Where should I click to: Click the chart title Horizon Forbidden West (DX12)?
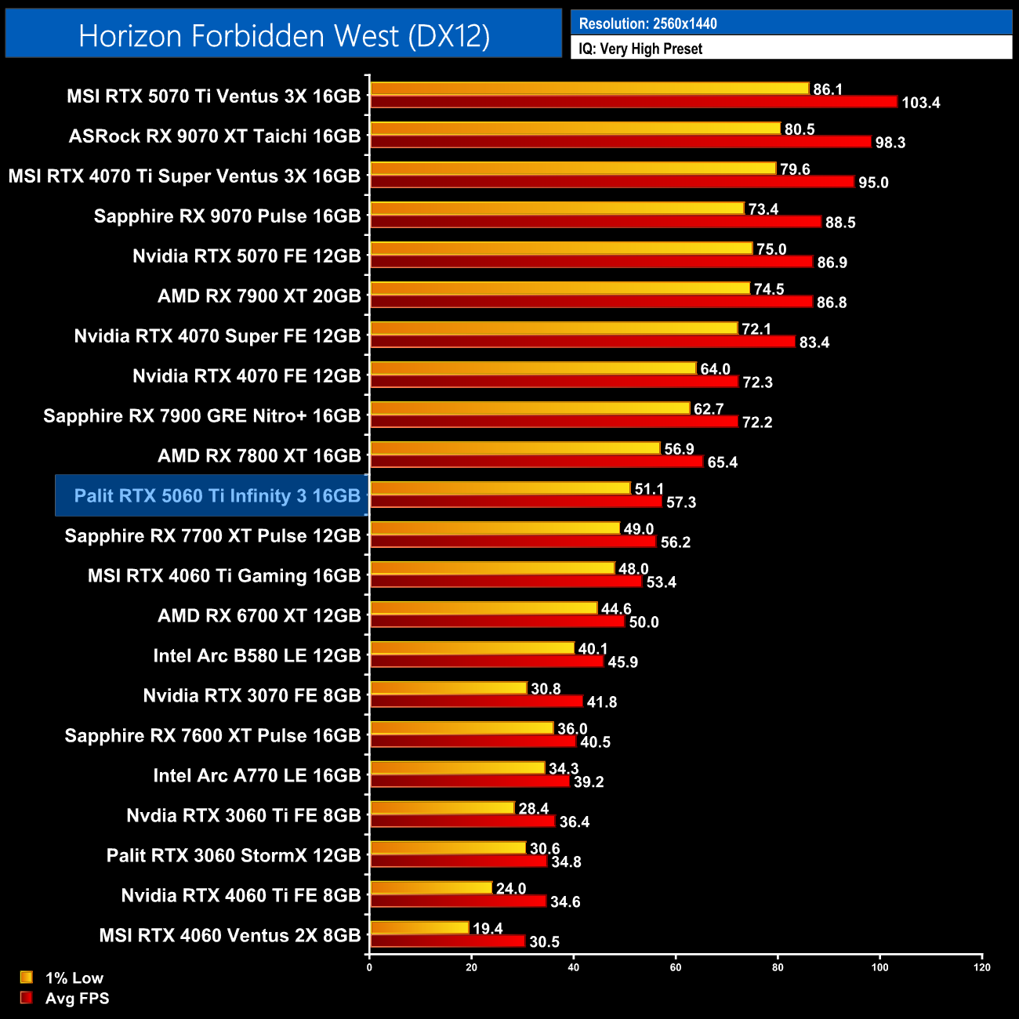point(284,36)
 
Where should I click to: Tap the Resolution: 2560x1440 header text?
point(647,24)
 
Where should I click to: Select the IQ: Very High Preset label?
point(640,49)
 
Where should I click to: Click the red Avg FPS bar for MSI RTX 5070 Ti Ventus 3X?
point(633,102)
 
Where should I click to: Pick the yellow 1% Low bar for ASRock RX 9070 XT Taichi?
point(575,129)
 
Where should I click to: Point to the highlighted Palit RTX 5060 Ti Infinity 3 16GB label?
point(217,495)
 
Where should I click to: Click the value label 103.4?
point(920,103)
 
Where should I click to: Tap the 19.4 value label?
point(488,929)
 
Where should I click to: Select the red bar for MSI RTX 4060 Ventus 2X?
point(448,941)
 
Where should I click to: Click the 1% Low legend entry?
point(74,977)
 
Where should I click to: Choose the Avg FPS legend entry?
point(77,998)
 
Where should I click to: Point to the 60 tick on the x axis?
point(676,967)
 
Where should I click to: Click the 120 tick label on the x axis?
point(982,967)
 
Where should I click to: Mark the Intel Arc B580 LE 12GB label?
point(257,655)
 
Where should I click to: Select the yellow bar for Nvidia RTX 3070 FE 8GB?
point(448,688)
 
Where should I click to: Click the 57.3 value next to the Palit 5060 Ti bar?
point(681,502)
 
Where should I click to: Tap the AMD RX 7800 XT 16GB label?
point(259,455)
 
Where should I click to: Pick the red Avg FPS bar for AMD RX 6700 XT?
point(497,622)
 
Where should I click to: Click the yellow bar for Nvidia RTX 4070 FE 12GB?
point(533,368)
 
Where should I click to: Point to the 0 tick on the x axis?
point(369,967)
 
